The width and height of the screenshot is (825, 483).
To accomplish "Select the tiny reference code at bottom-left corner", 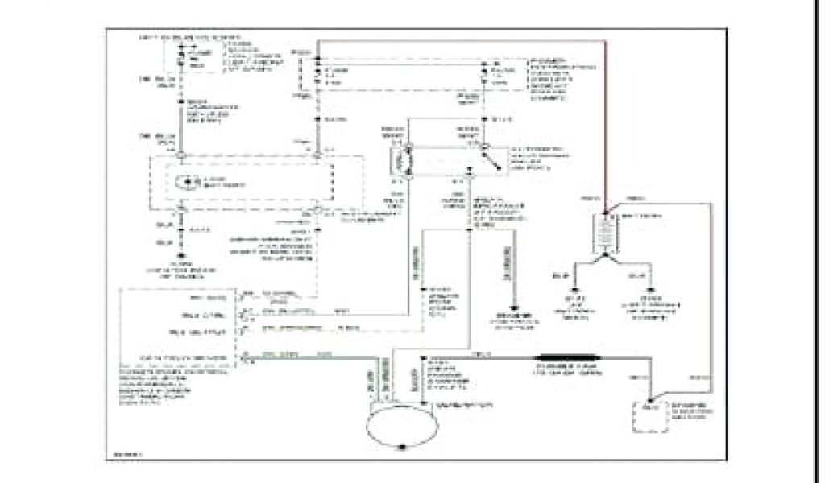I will (123, 459).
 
